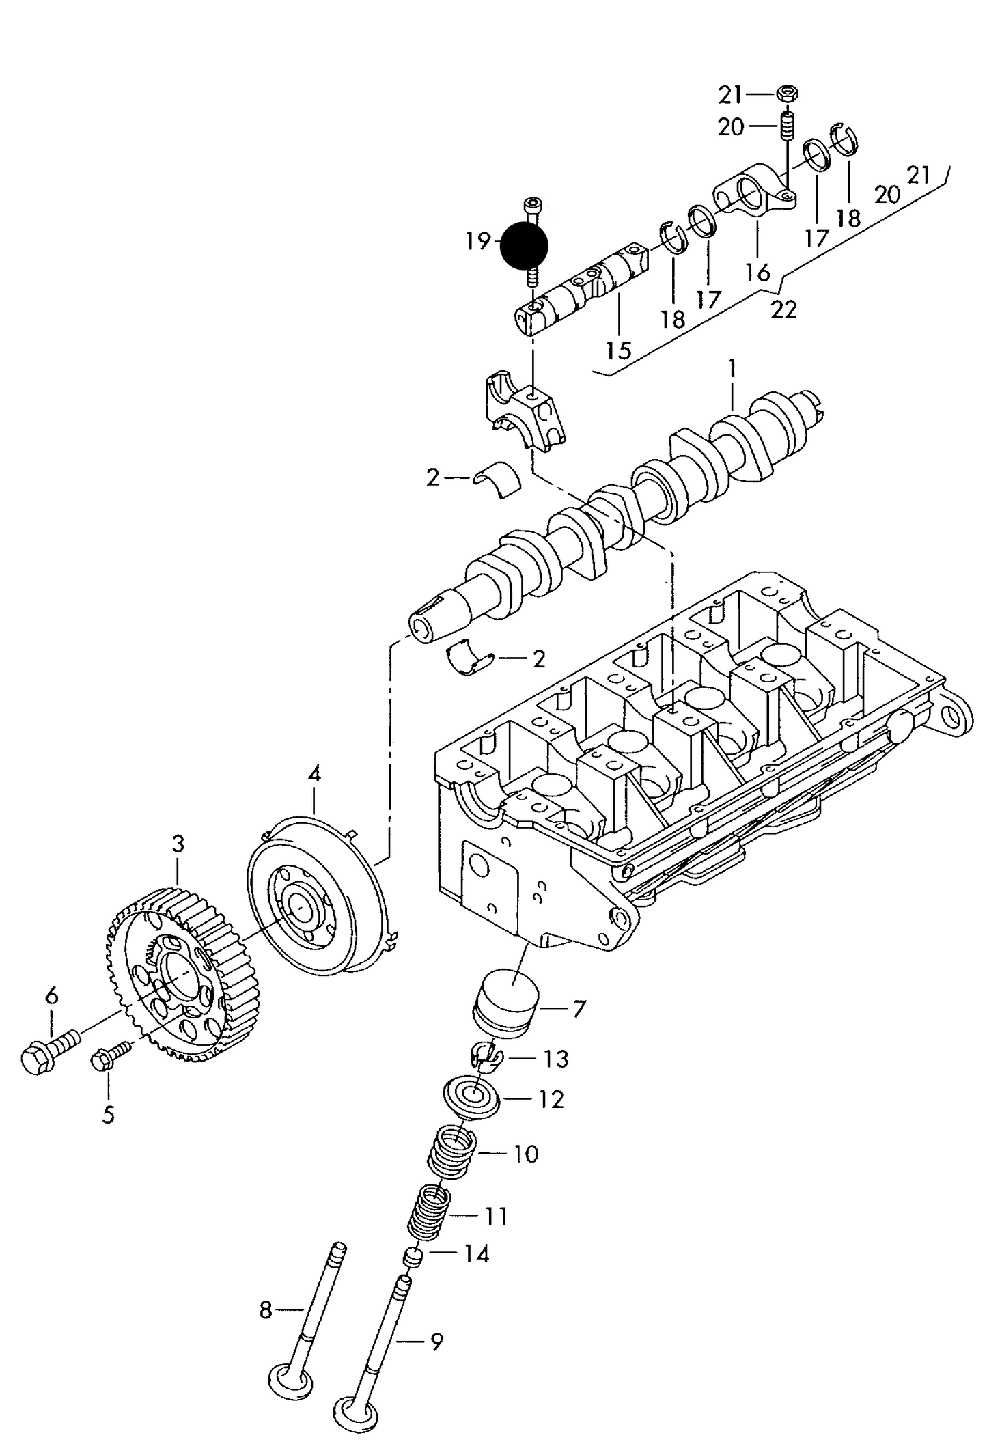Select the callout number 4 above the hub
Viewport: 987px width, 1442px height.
(314, 775)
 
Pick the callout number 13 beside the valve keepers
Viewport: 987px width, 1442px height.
(555, 1059)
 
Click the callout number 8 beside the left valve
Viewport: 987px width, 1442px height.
(266, 1310)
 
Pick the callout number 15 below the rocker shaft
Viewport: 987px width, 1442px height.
(619, 350)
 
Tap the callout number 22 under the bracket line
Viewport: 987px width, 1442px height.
(783, 309)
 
